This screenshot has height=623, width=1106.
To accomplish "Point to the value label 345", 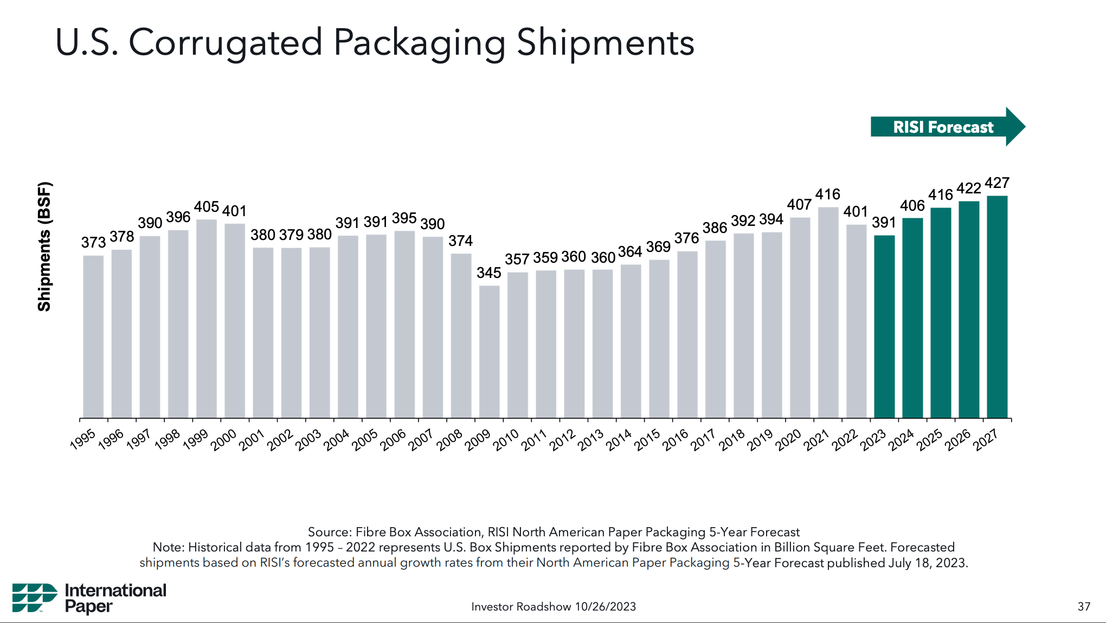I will (488, 273).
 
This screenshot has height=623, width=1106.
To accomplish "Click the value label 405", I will (207, 207).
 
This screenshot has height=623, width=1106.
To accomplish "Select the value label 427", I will (997, 183).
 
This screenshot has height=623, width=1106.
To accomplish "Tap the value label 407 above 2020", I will (799, 205).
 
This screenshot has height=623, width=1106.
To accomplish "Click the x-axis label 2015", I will (648, 439).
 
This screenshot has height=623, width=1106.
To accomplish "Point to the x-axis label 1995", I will (83, 439).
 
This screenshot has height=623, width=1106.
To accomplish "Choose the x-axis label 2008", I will (450, 439).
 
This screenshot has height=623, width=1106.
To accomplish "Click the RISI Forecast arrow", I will (946, 127).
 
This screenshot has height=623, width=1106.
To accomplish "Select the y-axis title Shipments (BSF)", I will (44, 247).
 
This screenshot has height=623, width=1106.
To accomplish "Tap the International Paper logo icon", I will (34, 598).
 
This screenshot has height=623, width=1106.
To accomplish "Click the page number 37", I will (1083, 607).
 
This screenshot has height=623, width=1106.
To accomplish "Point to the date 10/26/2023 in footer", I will (605, 607).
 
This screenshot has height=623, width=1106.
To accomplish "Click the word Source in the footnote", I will (329, 532).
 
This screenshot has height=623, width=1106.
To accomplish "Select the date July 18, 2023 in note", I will (927, 563).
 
